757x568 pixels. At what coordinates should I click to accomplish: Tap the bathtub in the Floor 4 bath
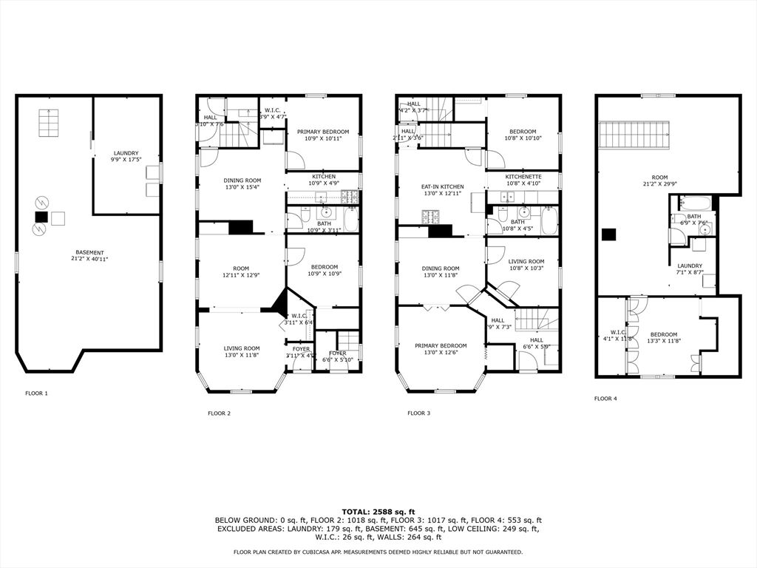pyautogui.click(x=695, y=203)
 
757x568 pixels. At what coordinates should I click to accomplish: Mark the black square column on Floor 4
pyautogui.click(x=608, y=234)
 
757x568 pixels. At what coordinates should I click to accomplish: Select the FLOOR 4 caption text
pyautogui.click(x=605, y=399)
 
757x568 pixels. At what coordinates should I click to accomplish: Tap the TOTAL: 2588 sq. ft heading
pyautogui.click(x=378, y=512)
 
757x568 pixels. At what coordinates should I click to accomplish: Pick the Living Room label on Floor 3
pyautogui.click(x=526, y=264)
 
